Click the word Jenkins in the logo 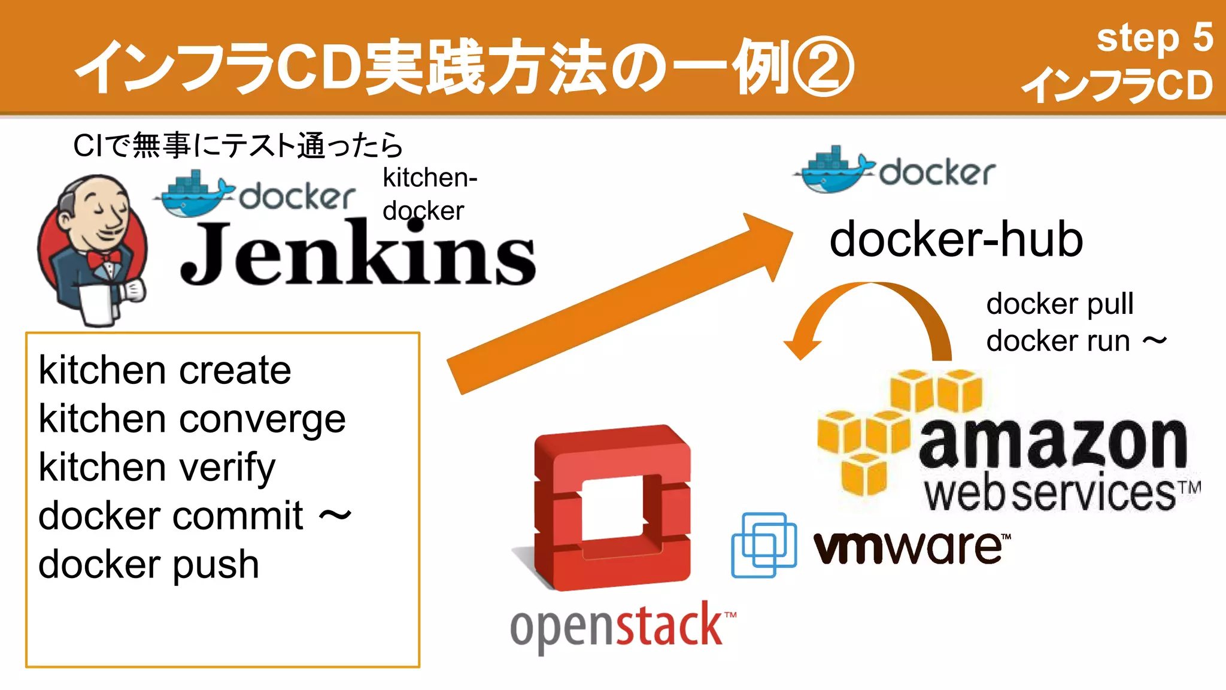(357, 255)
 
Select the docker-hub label (955, 240)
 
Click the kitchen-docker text (429, 195)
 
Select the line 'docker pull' (1060, 304)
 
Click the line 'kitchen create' (165, 370)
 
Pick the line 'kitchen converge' (192, 419)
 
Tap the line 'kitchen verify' (157, 468)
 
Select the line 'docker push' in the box (148, 565)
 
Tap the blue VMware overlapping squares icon (763, 544)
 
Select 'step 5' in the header (1154, 38)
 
